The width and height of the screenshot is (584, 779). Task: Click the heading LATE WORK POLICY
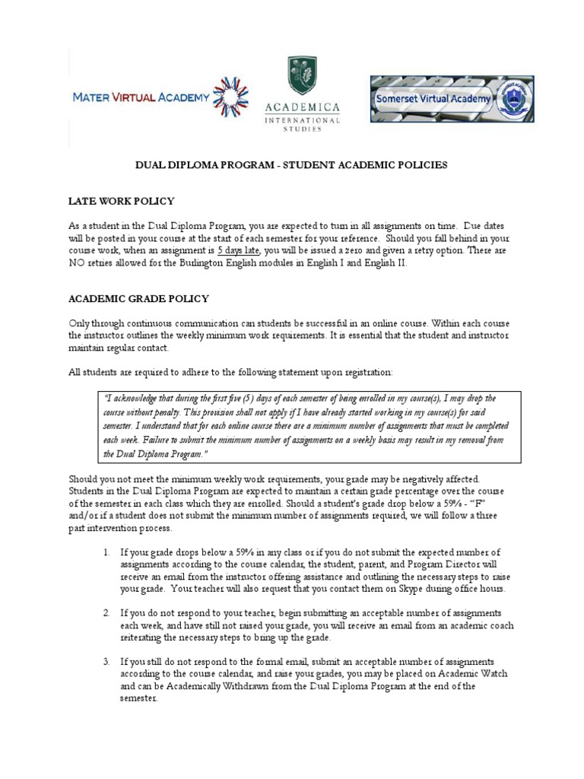click(122, 201)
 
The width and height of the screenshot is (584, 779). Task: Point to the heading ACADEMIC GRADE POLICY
click(138, 299)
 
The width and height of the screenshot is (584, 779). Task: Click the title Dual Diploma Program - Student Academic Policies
click(291, 164)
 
